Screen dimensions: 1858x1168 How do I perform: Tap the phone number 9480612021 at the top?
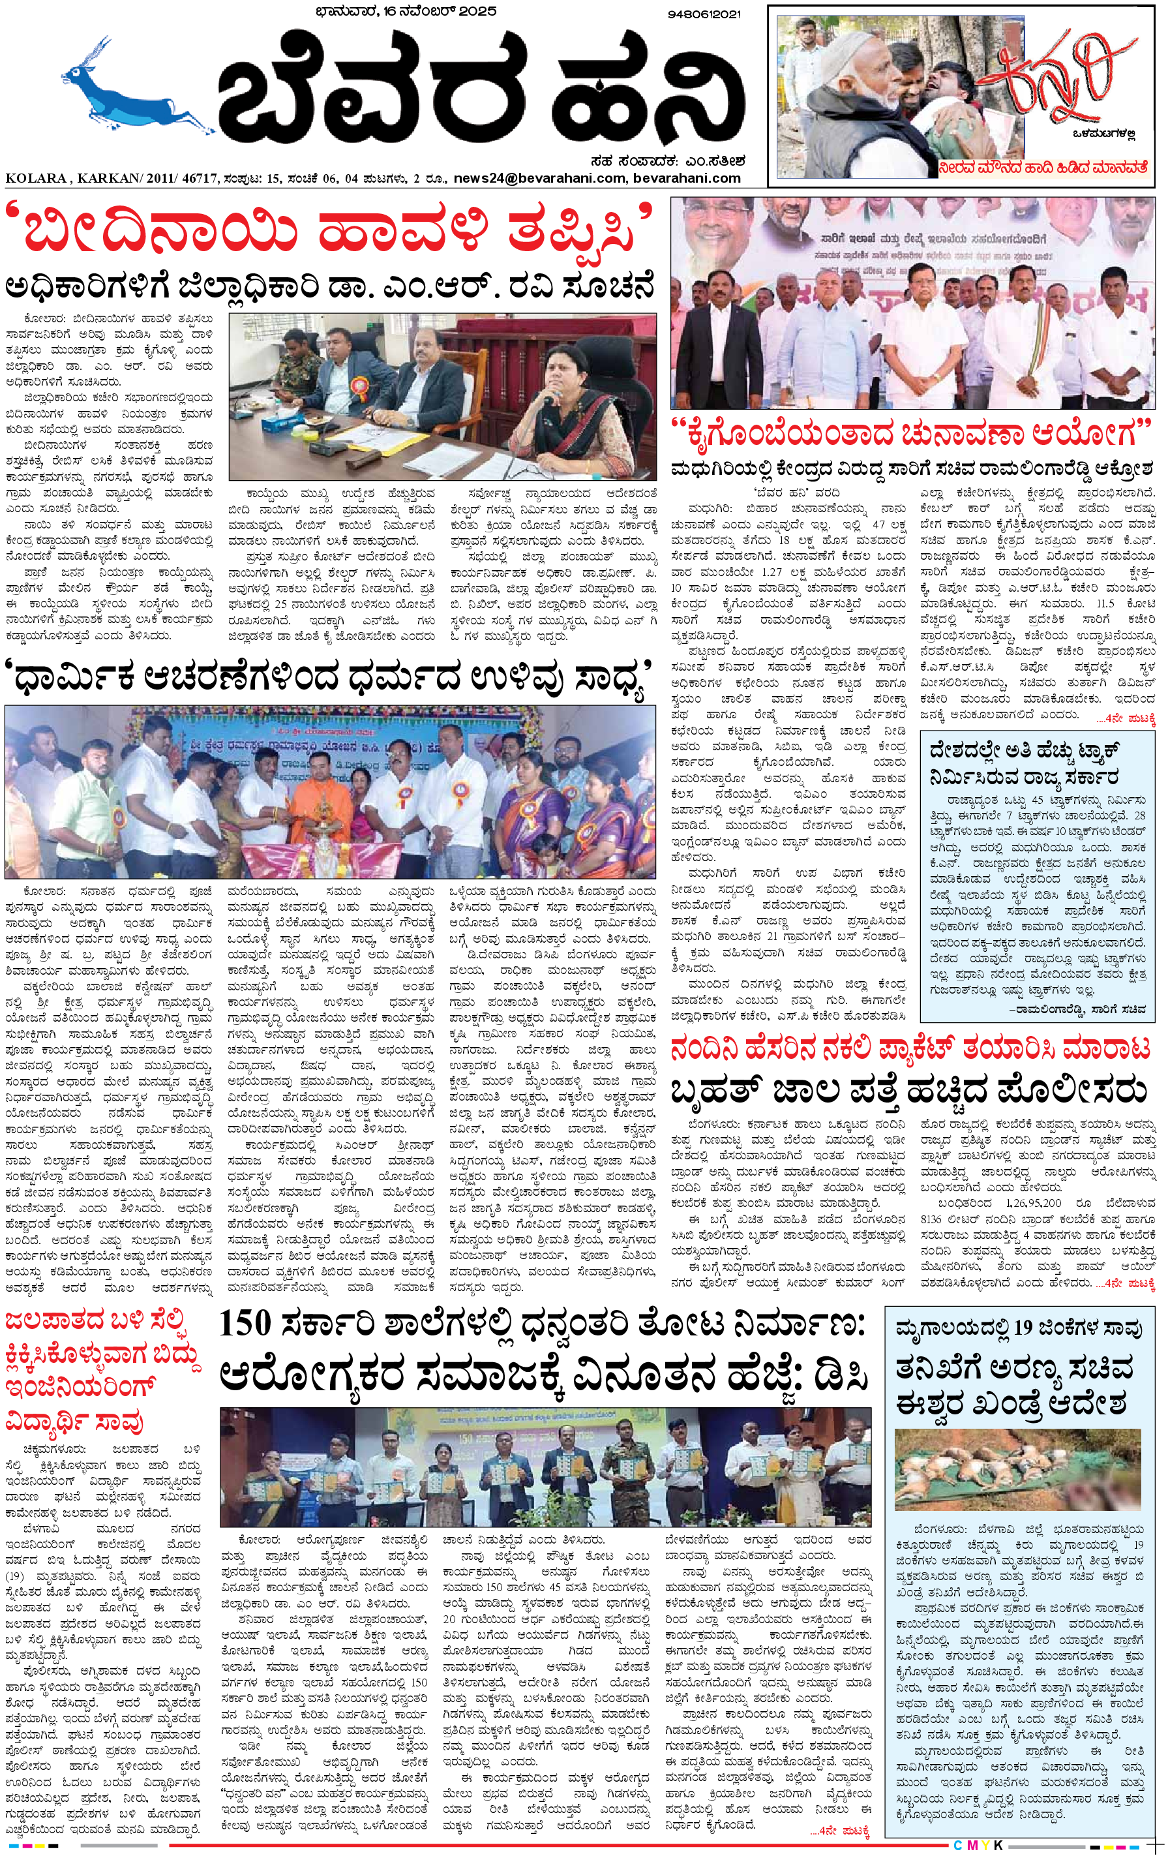(704, 14)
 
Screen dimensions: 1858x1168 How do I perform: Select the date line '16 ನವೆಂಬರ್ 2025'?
(433, 11)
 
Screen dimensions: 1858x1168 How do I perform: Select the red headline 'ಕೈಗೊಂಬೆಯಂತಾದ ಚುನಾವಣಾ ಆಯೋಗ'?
(910, 434)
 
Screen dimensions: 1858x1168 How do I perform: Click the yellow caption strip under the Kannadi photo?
(1043, 166)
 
